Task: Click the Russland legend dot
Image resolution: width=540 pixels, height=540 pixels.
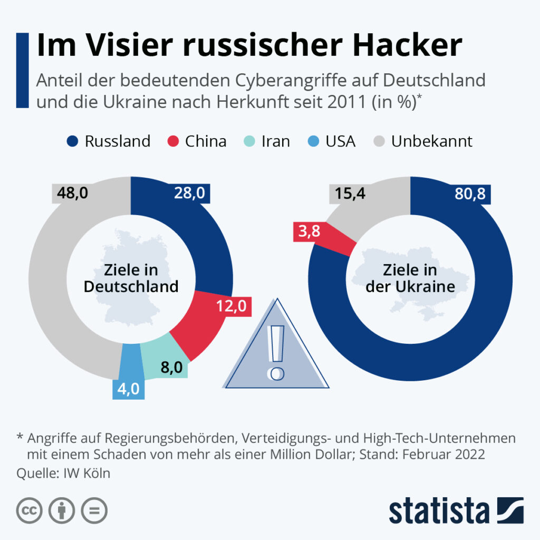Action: tap(74, 141)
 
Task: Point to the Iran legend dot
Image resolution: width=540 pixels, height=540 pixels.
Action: tap(250, 141)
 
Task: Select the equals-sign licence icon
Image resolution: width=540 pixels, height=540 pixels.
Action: tap(94, 510)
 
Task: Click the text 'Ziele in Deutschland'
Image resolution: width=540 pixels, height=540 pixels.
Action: tap(131, 279)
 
